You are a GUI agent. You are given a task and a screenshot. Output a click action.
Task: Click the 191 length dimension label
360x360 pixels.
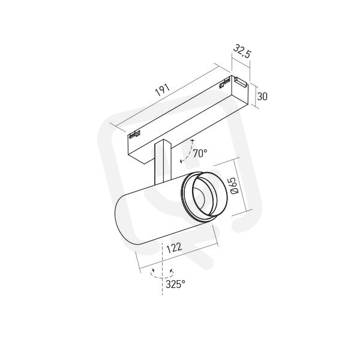(x=163, y=90)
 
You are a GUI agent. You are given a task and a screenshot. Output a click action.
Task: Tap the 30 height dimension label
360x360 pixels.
(x=262, y=97)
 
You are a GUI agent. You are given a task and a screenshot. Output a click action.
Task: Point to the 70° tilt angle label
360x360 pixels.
(x=200, y=154)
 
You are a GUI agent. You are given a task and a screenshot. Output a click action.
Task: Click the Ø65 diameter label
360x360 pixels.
(x=234, y=185)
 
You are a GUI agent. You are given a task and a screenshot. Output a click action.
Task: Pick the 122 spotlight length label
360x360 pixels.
(x=174, y=248)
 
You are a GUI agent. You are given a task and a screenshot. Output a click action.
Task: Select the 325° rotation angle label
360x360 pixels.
(x=175, y=284)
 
